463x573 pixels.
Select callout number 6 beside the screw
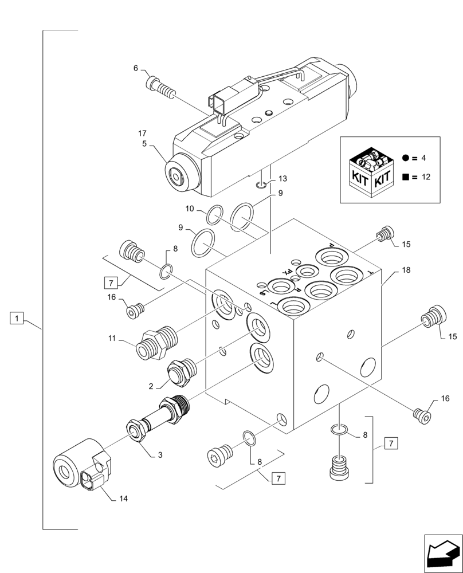click(136, 68)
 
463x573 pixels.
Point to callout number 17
click(143, 134)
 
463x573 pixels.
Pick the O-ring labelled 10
click(213, 216)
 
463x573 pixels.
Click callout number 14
click(123, 499)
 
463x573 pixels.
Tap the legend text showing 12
click(425, 177)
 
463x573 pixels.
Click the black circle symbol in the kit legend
click(406, 157)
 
